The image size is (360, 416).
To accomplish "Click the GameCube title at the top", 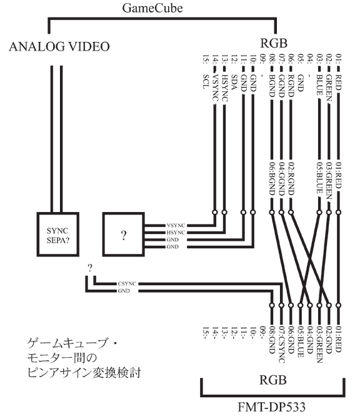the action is tap(152, 8).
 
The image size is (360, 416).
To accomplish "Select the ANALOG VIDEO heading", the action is tap(59, 47).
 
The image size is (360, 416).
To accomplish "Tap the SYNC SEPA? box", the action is tap(57, 234).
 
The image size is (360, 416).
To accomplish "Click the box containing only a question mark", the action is tap(124, 234).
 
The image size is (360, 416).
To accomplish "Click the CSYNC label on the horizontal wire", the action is tap(127, 283).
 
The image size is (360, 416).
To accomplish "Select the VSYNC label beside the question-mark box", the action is tap(176, 225).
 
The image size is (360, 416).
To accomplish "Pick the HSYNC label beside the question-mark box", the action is tap(176, 233).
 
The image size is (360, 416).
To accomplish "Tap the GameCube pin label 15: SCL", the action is tap(206, 72).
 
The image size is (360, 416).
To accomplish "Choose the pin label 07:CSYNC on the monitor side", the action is tap(281, 344).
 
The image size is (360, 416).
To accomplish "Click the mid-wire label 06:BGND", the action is tap(272, 178).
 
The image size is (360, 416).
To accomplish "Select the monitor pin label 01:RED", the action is tap(338, 339).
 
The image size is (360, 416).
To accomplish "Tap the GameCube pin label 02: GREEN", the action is tap(329, 78).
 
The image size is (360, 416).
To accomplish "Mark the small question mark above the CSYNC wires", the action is tap(90, 268).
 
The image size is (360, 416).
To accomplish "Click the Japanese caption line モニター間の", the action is tap(62, 358).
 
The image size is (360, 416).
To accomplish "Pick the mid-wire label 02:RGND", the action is tap(291, 178).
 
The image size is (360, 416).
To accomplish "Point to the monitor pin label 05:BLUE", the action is tap(301, 341).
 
